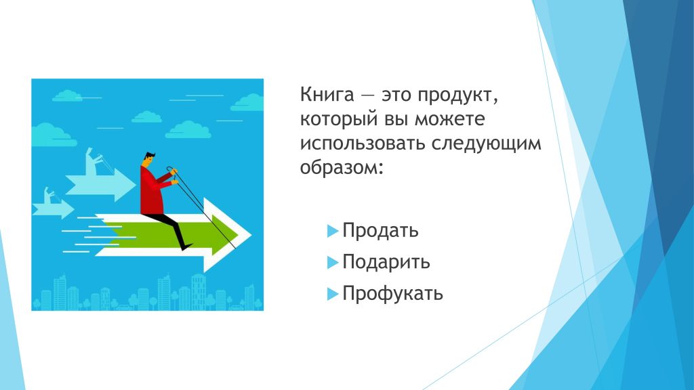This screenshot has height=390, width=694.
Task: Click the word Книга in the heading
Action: [327, 95]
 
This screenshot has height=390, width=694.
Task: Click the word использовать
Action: [363, 144]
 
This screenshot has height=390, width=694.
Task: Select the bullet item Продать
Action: [380, 231]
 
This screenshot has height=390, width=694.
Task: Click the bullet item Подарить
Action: [386, 262]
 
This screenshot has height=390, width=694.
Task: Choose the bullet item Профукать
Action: [392, 294]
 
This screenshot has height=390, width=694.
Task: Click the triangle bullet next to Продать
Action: [332, 231]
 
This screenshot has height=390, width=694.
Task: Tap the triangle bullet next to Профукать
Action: [332, 294]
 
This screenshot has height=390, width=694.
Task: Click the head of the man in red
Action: [149, 160]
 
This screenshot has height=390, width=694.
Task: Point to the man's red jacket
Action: [152, 191]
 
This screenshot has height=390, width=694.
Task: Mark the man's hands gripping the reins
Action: [174, 175]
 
